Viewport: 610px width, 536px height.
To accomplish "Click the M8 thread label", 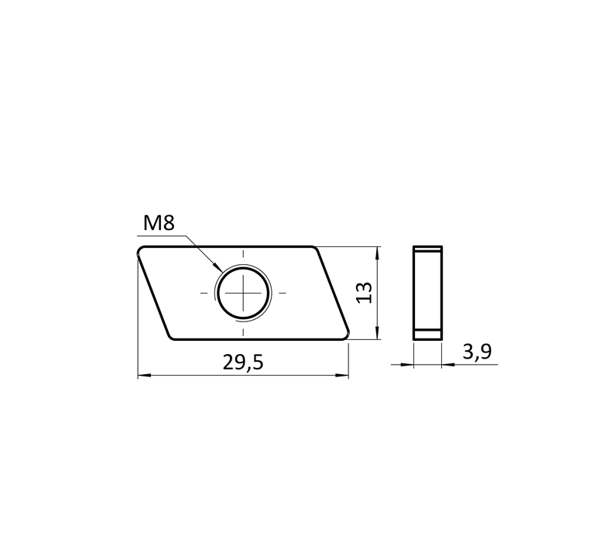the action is (x=159, y=223).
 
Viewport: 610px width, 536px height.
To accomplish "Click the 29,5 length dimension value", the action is (x=243, y=362).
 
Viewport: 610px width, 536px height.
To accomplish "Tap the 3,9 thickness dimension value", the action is (x=477, y=352).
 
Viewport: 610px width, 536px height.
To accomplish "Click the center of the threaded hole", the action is (x=244, y=293).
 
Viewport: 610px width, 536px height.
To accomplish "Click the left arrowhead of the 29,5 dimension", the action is (x=144, y=375).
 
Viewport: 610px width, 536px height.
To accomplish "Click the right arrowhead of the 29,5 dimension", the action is (x=342, y=375).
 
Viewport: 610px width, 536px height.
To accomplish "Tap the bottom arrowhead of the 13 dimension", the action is (x=376, y=333).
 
